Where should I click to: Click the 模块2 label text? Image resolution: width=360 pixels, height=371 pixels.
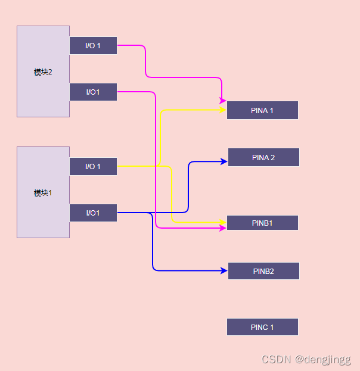click(43, 72)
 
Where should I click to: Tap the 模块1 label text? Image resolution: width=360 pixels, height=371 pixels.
click(43, 193)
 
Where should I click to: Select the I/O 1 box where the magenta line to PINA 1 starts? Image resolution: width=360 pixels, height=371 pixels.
click(93, 45)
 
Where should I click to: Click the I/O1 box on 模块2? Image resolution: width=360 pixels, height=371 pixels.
click(93, 92)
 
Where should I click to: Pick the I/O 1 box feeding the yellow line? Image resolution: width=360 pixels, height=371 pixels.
click(93, 166)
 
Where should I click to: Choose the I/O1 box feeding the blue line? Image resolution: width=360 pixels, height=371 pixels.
click(93, 213)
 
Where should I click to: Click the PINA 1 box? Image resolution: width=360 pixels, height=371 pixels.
click(262, 110)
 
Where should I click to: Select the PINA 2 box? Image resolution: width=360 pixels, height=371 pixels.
click(263, 157)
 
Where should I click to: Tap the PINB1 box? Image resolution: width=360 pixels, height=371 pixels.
click(262, 223)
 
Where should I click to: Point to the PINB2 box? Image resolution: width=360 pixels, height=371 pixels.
click(263, 271)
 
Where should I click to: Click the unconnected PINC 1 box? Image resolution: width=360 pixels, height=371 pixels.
click(262, 327)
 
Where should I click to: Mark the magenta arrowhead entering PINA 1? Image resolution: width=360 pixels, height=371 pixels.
click(222, 99)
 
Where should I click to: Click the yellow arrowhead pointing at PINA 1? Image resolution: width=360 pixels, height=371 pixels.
click(223, 110)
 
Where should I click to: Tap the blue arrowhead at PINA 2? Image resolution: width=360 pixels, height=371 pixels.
click(224, 161)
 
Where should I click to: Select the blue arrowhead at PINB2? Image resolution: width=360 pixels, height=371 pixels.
click(224, 271)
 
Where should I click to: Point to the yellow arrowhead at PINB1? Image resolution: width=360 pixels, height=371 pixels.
click(223, 222)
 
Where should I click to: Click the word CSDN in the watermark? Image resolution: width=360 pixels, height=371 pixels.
click(276, 359)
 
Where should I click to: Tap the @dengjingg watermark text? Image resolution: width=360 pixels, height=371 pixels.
click(323, 359)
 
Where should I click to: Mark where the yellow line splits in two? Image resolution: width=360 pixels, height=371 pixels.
click(159, 165)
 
